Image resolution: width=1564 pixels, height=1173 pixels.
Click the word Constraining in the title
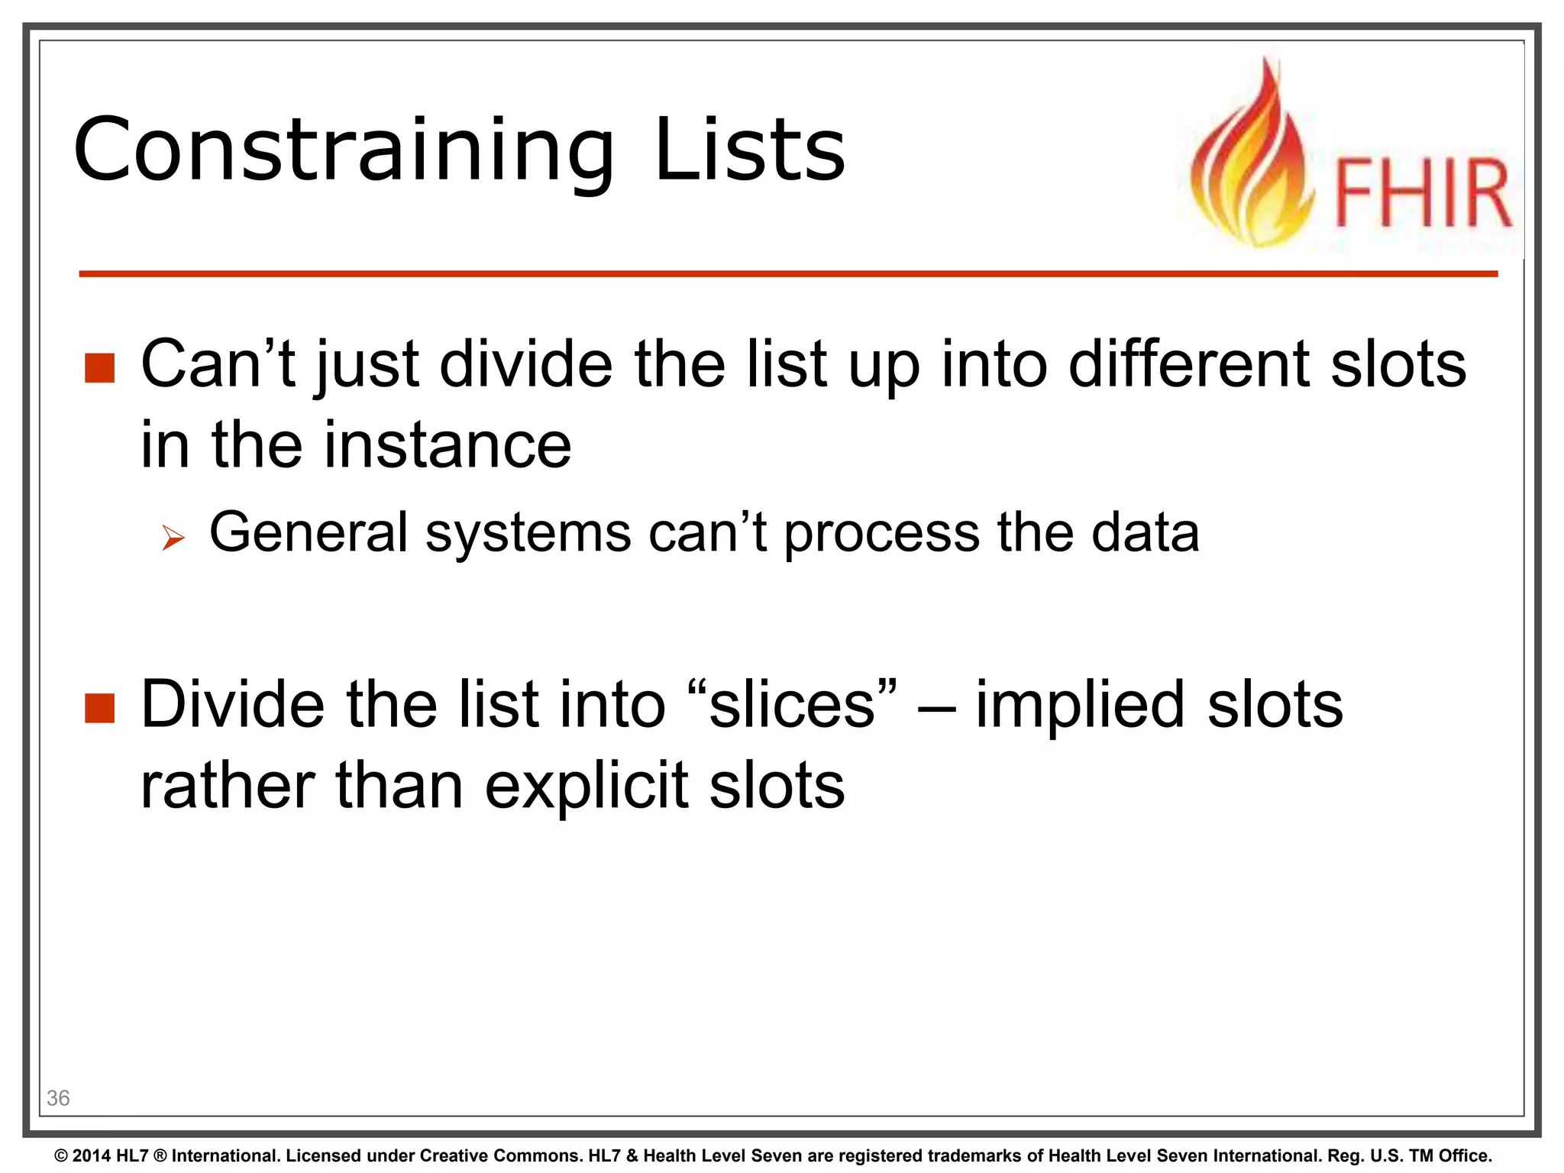(344, 150)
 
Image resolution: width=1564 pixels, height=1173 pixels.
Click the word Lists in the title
(750, 150)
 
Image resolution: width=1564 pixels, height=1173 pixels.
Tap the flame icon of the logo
(1252, 160)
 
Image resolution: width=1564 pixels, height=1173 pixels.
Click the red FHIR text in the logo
(1423, 193)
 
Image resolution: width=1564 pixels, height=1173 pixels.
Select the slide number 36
(58, 1098)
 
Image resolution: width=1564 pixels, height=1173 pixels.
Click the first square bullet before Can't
(99, 368)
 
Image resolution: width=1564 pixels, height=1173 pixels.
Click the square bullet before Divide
(99, 708)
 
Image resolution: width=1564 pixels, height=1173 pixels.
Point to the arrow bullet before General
(173, 538)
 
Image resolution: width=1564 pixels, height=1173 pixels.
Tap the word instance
(448, 445)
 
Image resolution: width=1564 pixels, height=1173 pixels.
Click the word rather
(228, 787)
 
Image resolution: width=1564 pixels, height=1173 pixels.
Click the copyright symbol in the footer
(61, 1156)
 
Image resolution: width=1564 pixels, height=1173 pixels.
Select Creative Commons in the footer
(500, 1156)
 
